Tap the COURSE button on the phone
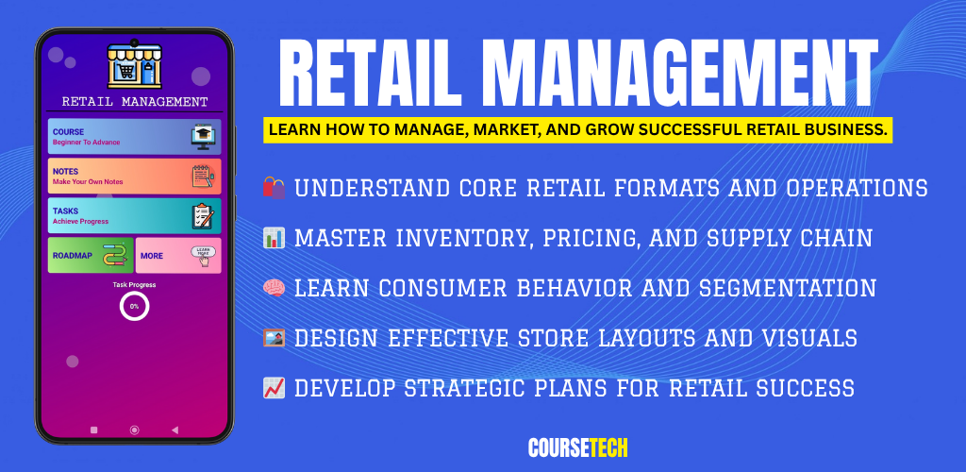(134, 136)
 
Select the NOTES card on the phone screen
(134, 177)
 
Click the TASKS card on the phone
(134, 215)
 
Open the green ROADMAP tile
(91, 255)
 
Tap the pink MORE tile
(178, 255)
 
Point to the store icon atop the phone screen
(134, 66)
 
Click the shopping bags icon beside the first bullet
(275, 187)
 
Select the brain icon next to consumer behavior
(275, 288)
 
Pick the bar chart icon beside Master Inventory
(275, 238)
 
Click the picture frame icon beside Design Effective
(275, 338)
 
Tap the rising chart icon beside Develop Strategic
(275, 388)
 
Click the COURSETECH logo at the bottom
(578, 448)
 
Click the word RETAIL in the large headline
(370, 75)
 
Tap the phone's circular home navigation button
(134, 430)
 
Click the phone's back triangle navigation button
(175, 430)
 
